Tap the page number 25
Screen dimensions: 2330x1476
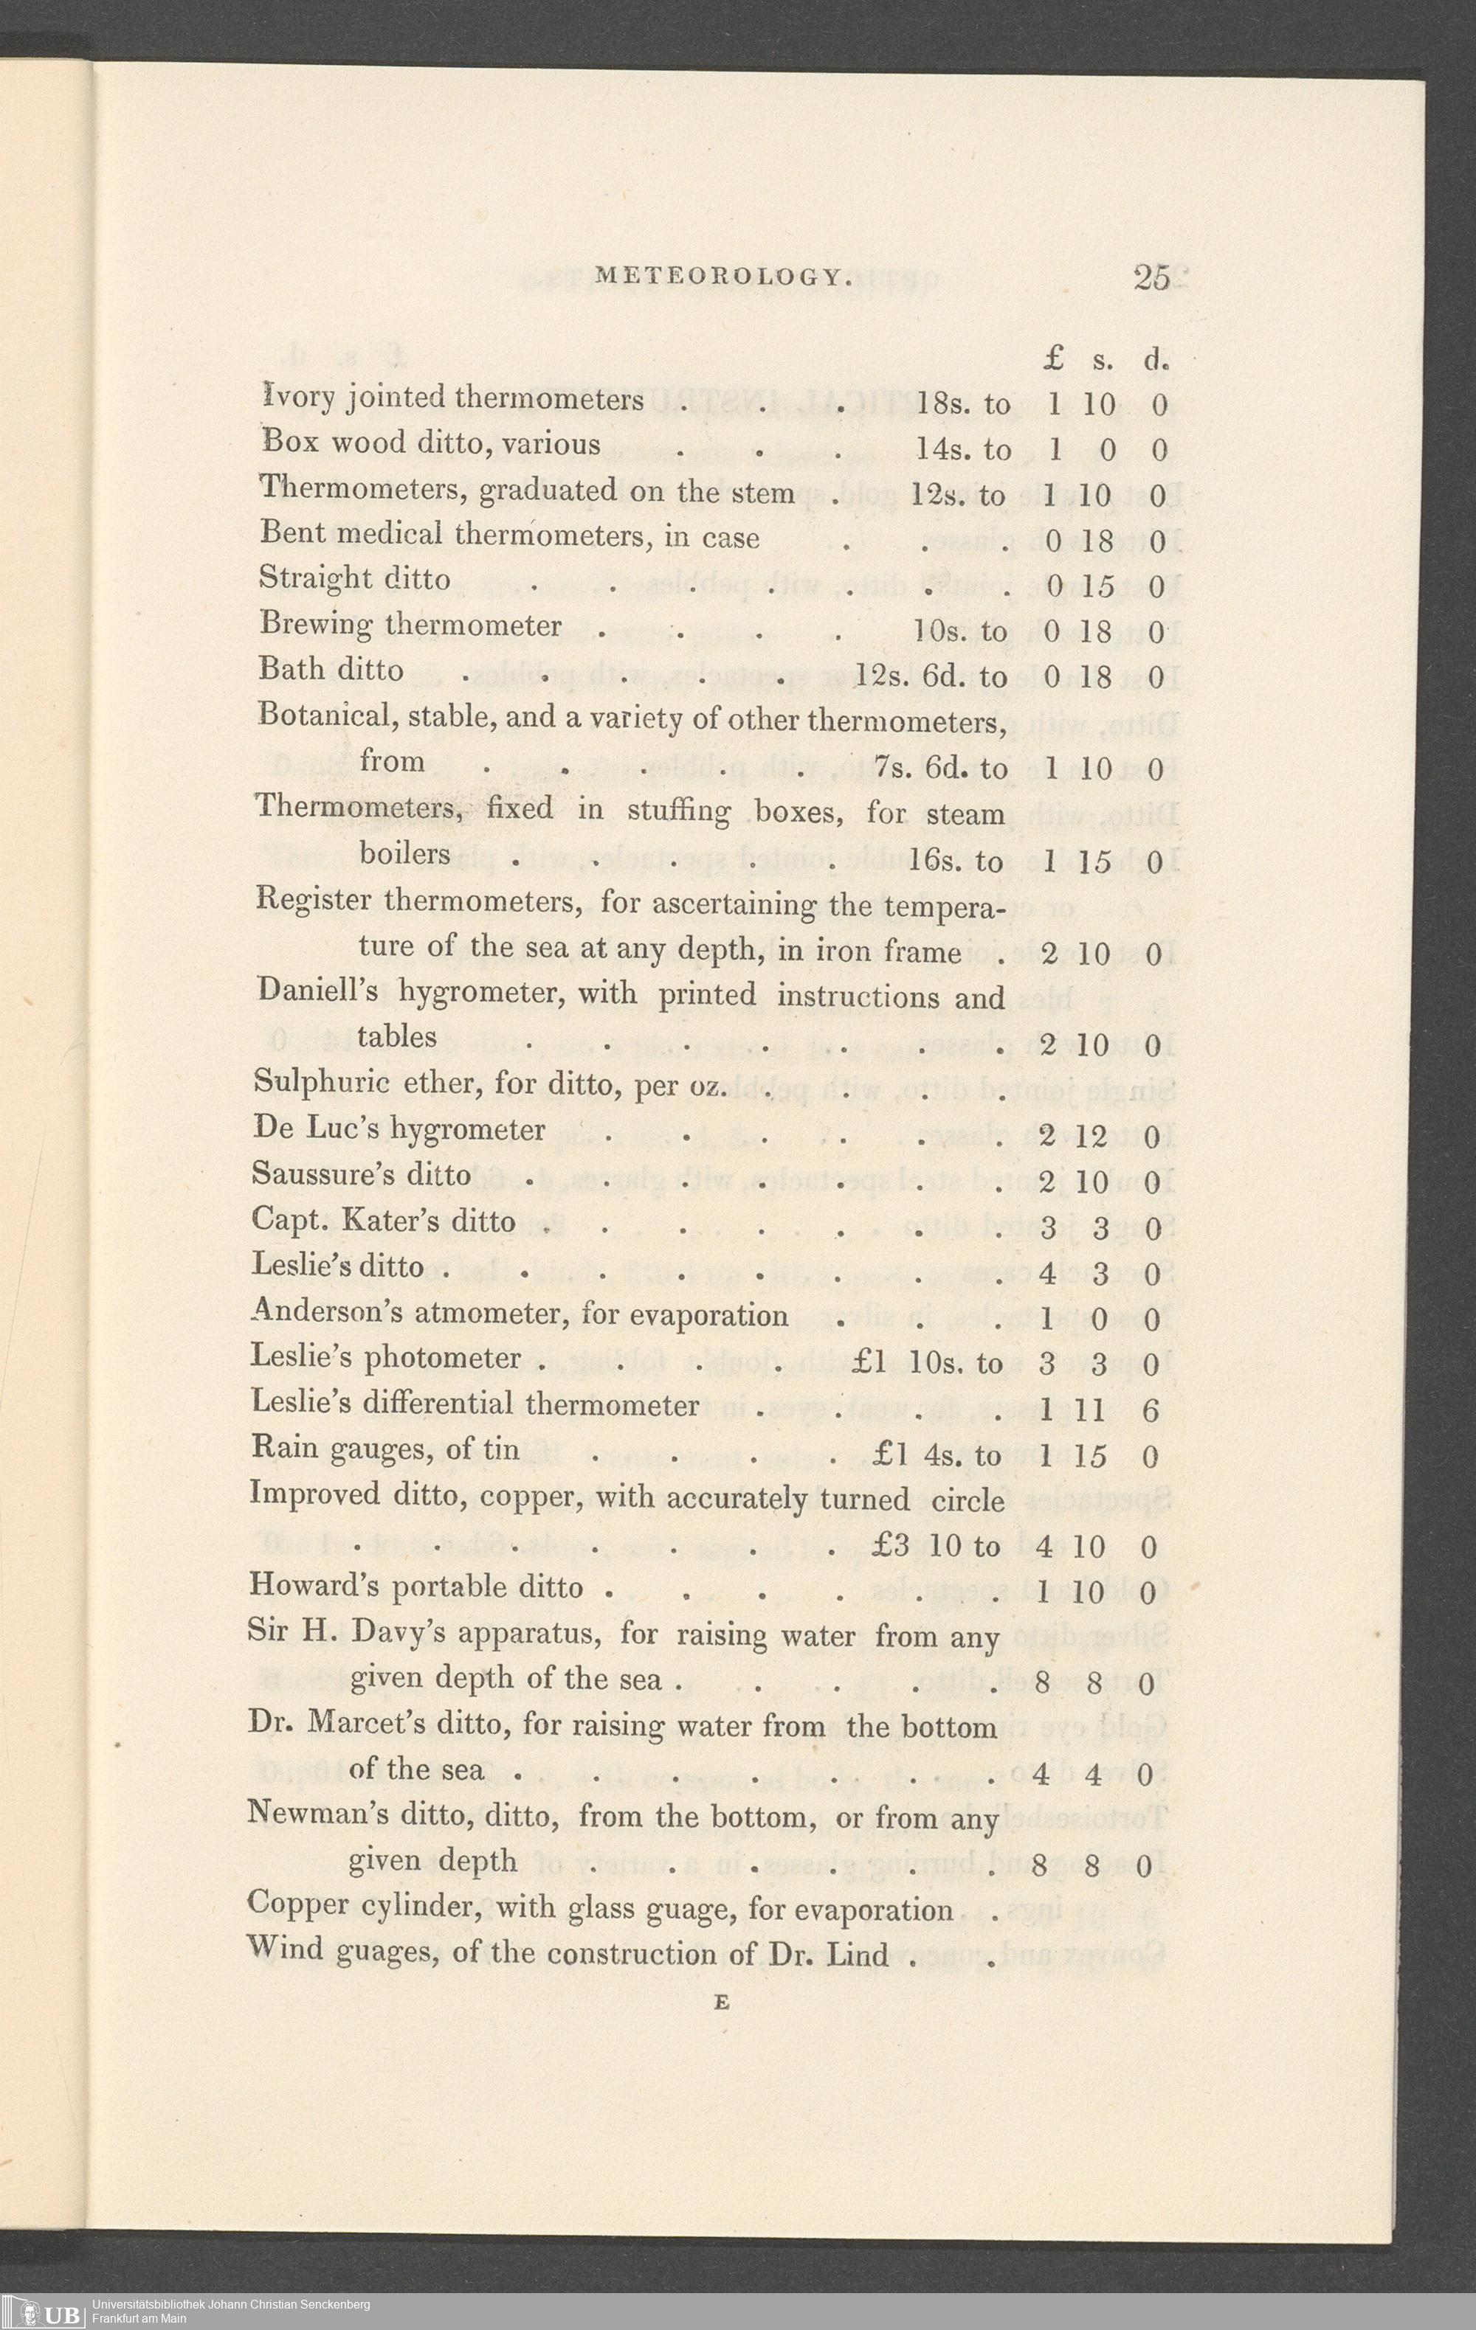(1152, 278)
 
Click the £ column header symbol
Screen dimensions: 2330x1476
(1054, 360)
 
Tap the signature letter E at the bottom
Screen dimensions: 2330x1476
(721, 2004)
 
